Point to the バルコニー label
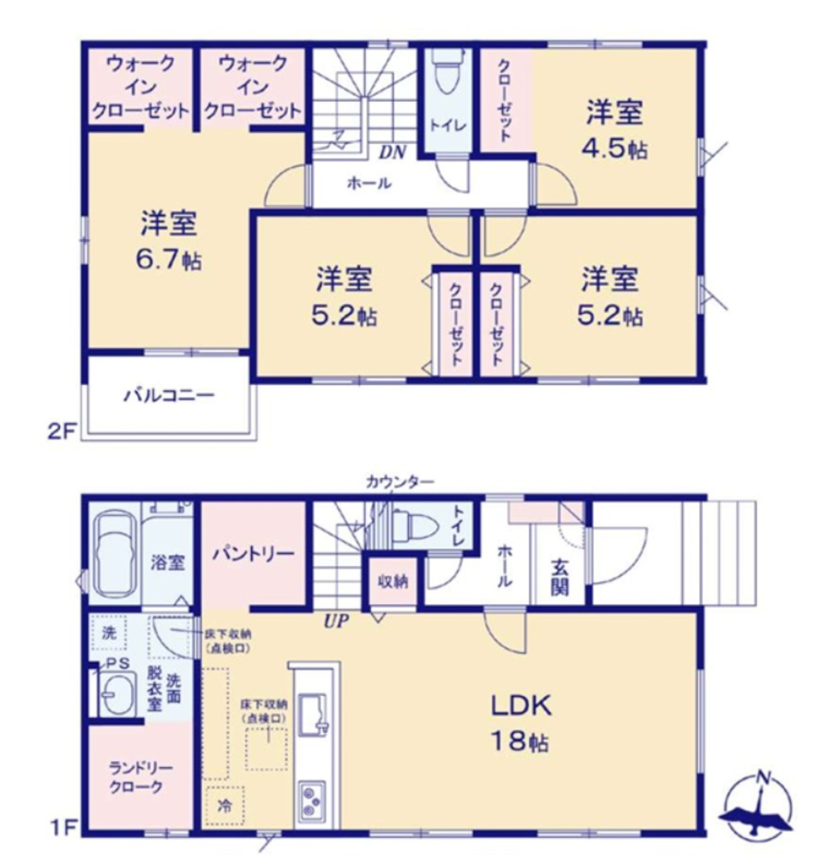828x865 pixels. [x=168, y=395]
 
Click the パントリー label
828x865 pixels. [x=253, y=553]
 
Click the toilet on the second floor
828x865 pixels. [x=447, y=73]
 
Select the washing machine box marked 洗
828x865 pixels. [x=109, y=633]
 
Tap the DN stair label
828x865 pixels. [x=393, y=153]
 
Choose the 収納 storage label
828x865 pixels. [x=393, y=582]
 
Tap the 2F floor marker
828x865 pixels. [x=62, y=432]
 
